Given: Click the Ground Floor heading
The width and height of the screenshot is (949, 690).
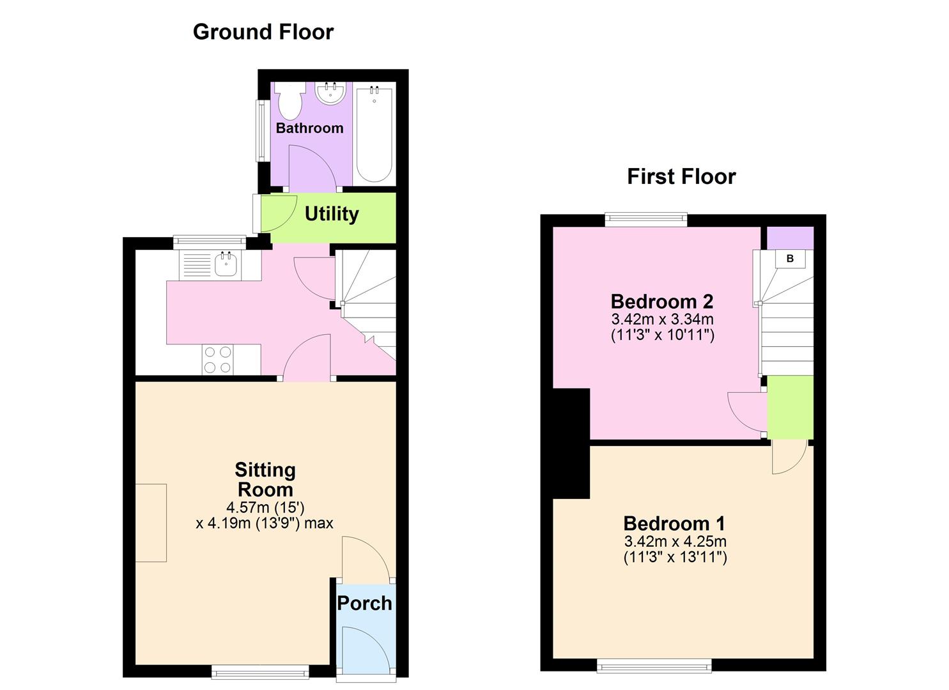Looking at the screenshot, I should (263, 32).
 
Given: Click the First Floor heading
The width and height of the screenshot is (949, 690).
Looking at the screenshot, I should (681, 176).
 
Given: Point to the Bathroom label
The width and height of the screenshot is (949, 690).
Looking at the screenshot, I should (309, 128).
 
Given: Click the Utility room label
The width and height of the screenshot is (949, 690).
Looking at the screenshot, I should (331, 213).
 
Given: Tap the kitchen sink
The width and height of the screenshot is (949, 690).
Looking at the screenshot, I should (226, 264).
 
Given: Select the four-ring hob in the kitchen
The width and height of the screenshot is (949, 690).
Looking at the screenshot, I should (217, 359).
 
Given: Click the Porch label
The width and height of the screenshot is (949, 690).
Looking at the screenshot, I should (364, 602).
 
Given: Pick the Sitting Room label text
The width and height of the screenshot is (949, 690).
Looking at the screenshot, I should (265, 480).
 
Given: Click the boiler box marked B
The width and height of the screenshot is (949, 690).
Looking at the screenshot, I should (790, 259).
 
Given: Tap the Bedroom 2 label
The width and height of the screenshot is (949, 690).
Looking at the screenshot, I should (661, 301).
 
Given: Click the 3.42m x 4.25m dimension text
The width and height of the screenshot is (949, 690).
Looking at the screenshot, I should (675, 541).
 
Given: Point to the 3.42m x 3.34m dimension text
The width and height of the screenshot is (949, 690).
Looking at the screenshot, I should (662, 319).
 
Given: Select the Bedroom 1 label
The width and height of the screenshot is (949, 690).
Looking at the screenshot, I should (674, 523).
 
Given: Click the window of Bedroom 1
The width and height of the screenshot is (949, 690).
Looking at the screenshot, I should (654, 666).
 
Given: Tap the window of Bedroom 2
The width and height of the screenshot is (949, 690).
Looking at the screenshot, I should (646, 220).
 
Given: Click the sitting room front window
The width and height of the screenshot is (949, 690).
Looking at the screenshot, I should (260, 671).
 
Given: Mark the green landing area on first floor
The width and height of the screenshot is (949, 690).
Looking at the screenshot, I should (790, 407).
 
